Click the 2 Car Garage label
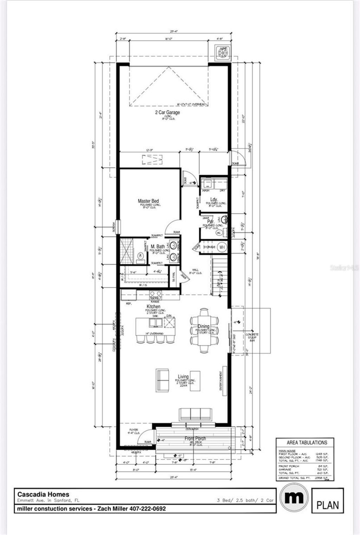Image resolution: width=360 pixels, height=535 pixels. tap(168, 112)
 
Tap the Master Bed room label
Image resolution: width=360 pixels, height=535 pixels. tap(148, 201)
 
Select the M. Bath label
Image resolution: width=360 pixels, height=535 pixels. tap(158, 247)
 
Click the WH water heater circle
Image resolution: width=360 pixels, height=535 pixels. tap(222, 247)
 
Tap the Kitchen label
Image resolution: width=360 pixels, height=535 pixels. tap(153, 307)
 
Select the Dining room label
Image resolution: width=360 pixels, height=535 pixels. tap(203, 326)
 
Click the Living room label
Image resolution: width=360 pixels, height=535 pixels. tap(183, 377)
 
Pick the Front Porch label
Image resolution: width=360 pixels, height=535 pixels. tap(195, 438)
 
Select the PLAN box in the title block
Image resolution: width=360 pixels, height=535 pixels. tap(328, 505)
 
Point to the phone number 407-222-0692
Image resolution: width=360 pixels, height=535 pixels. tap(148, 508)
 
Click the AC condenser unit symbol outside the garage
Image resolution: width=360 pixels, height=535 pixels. tap(223, 53)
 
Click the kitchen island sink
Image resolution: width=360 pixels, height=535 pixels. tap(154, 322)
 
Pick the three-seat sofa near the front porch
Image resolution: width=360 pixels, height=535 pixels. tap(195, 414)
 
